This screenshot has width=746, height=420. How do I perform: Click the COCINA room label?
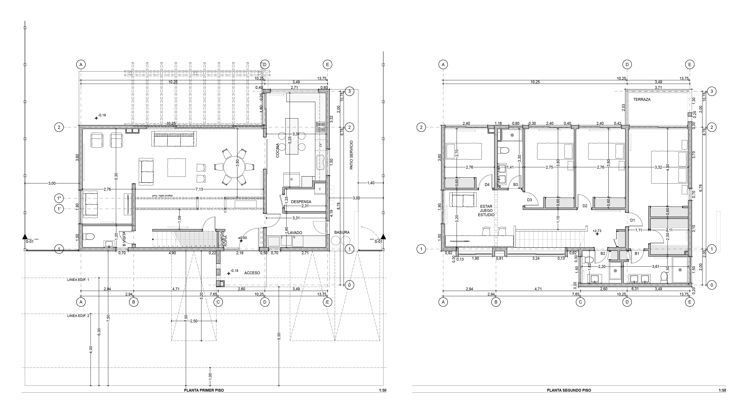[278, 150]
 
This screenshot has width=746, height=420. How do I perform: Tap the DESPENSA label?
[301, 202]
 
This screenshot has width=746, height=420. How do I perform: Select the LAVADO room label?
[295, 233]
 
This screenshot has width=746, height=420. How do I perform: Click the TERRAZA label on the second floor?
[642, 99]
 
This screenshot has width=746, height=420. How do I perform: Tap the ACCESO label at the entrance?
[252, 273]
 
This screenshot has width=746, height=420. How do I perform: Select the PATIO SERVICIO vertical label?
[352, 155]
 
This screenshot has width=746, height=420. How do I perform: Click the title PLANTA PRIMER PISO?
[204, 390]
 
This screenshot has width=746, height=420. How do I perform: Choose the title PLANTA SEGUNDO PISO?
[569, 390]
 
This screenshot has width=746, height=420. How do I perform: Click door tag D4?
[487, 185]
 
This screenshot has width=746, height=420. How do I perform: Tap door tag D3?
[529, 200]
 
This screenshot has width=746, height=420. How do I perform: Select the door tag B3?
[515, 185]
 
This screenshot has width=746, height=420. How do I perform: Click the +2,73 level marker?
[597, 231]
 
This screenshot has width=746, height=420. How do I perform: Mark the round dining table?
[234, 168]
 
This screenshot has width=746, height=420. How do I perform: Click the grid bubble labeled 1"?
[59, 198]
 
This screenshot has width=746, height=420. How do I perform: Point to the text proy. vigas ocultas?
[162, 196]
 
